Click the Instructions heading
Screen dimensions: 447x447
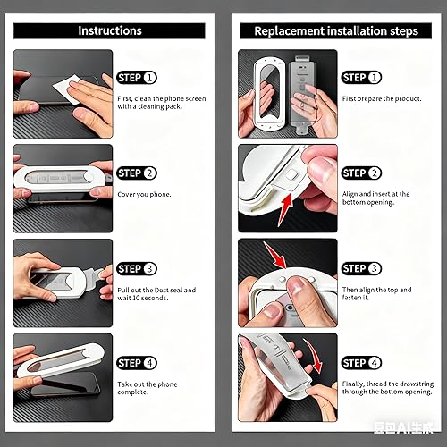(109, 30)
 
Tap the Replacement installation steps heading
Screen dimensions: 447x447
(329, 30)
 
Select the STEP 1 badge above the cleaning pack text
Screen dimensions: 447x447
(137, 78)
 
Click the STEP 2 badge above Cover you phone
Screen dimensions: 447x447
(137, 173)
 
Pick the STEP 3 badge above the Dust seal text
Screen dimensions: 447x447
(137, 268)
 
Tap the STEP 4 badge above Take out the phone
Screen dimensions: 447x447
(137, 362)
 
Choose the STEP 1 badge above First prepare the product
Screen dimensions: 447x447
(361, 78)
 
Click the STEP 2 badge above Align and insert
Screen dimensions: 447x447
(361, 173)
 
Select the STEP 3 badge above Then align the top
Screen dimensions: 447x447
(361, 268)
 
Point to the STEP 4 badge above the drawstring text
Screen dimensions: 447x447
(361, 362)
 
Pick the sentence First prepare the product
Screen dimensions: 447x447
(382, 98)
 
